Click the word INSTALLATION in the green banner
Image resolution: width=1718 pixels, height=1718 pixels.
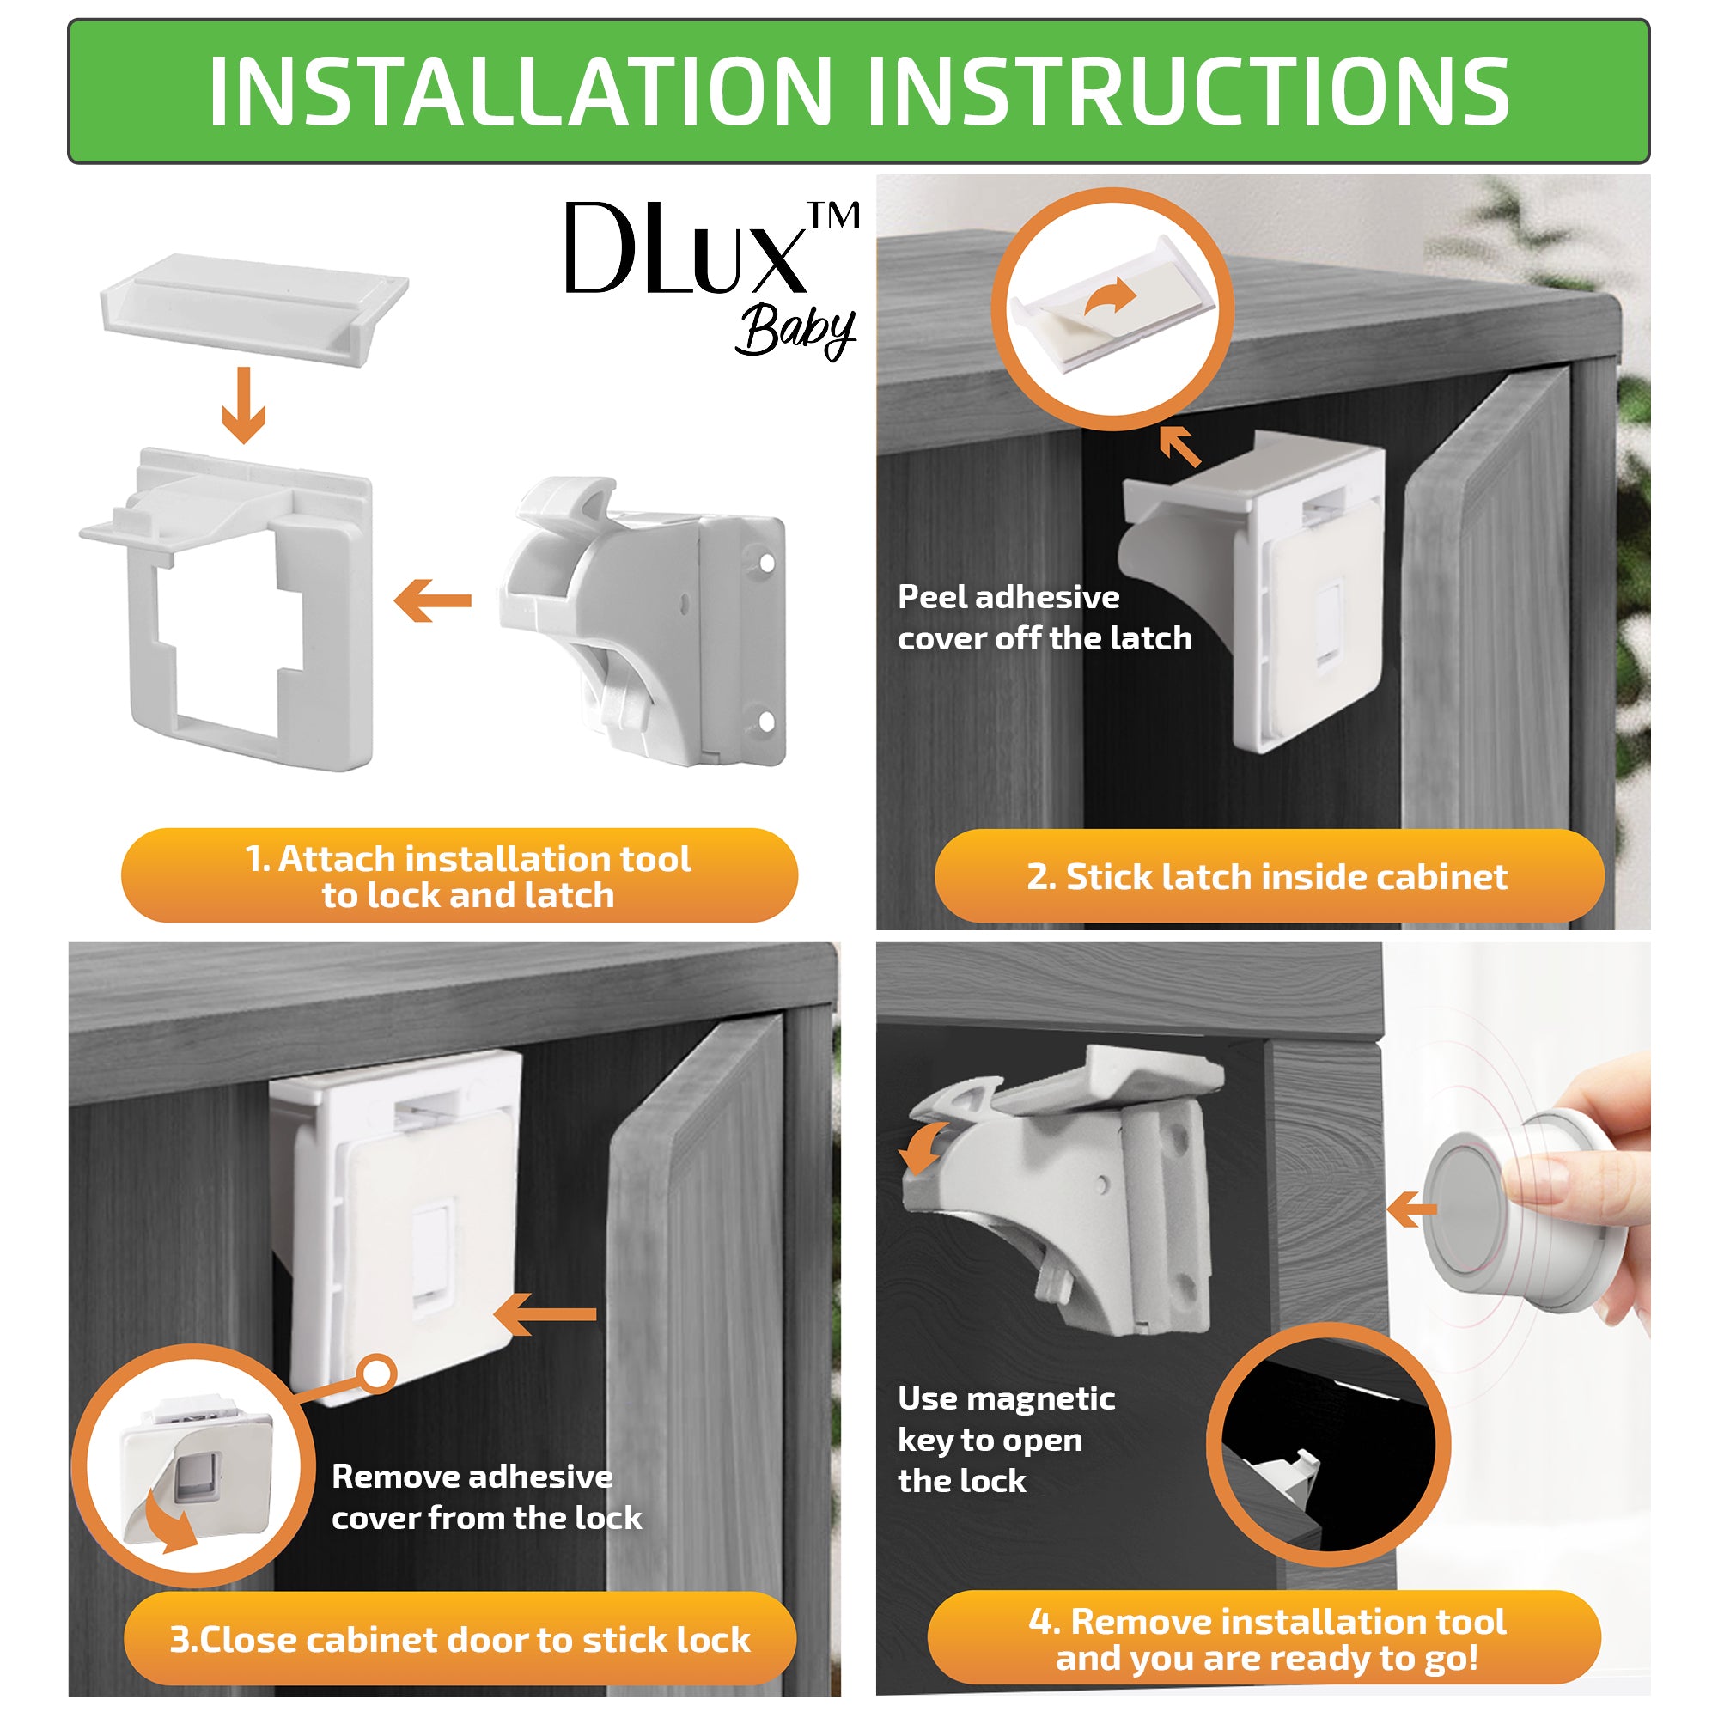tap(521, 92)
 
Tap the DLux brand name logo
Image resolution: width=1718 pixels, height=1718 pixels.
tap(685, 248)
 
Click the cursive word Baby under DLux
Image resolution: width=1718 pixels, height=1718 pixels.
tap(794, 332)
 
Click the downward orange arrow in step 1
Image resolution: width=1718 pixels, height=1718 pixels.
tap(244, 405)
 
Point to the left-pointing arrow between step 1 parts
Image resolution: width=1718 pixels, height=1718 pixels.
tap(433, 601)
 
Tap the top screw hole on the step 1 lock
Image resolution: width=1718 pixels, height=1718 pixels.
tap(765, 563)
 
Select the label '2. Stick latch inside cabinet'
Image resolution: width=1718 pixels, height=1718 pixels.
tap(1266, 877)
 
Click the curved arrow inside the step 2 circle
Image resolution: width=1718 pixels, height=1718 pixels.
tap(1111, 297)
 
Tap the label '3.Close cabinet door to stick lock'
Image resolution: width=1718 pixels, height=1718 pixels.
tap(460, 1639)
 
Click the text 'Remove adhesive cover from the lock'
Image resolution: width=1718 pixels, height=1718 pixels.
tap(485, 1496)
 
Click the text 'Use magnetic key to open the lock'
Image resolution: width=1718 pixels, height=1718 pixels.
tap(1005, 1439)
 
